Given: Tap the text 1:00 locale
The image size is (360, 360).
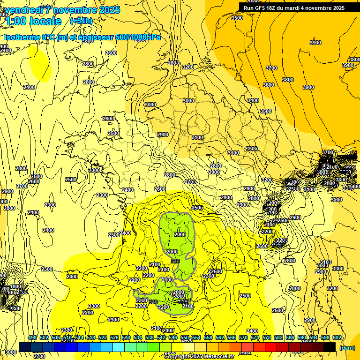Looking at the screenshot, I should (33, 21).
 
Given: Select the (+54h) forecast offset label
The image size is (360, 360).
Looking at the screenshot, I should (81, 21).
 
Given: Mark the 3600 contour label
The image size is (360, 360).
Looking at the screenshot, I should (268, 85).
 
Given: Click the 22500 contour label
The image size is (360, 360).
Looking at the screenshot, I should (215, 271).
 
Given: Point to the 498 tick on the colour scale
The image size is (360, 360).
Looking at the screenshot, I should (32, 337).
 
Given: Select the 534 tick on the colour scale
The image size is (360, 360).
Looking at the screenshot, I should (138, 337).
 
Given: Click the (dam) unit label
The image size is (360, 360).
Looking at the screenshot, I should (346, 347).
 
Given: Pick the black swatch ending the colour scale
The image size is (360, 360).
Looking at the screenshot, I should (330, 347).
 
